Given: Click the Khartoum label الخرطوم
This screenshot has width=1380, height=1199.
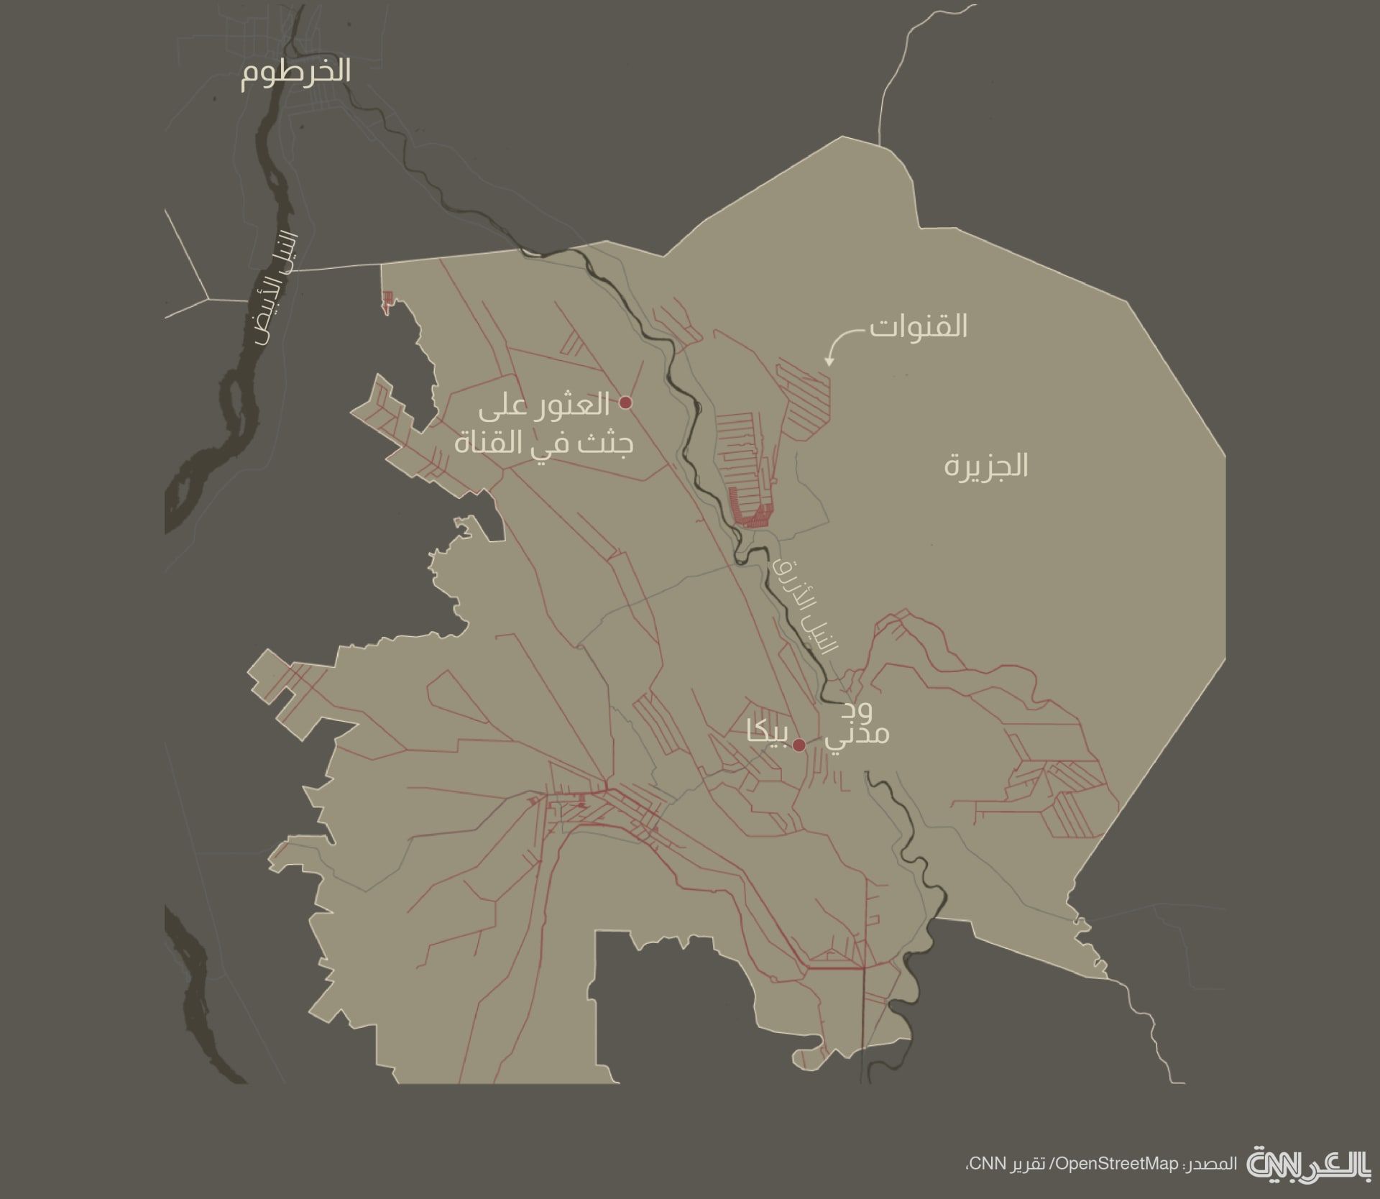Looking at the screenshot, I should [x=295, y=73].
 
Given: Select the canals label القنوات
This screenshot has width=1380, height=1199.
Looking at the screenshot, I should [x=918, y=326].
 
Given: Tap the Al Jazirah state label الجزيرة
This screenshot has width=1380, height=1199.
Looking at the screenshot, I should [x=985, y=466].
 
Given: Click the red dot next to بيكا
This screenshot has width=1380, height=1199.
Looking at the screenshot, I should [x=799, y=745].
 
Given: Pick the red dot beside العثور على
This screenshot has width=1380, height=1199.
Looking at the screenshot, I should [x=625, y=403].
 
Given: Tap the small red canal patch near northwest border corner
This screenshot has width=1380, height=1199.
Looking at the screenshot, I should [x=388, y=300].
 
